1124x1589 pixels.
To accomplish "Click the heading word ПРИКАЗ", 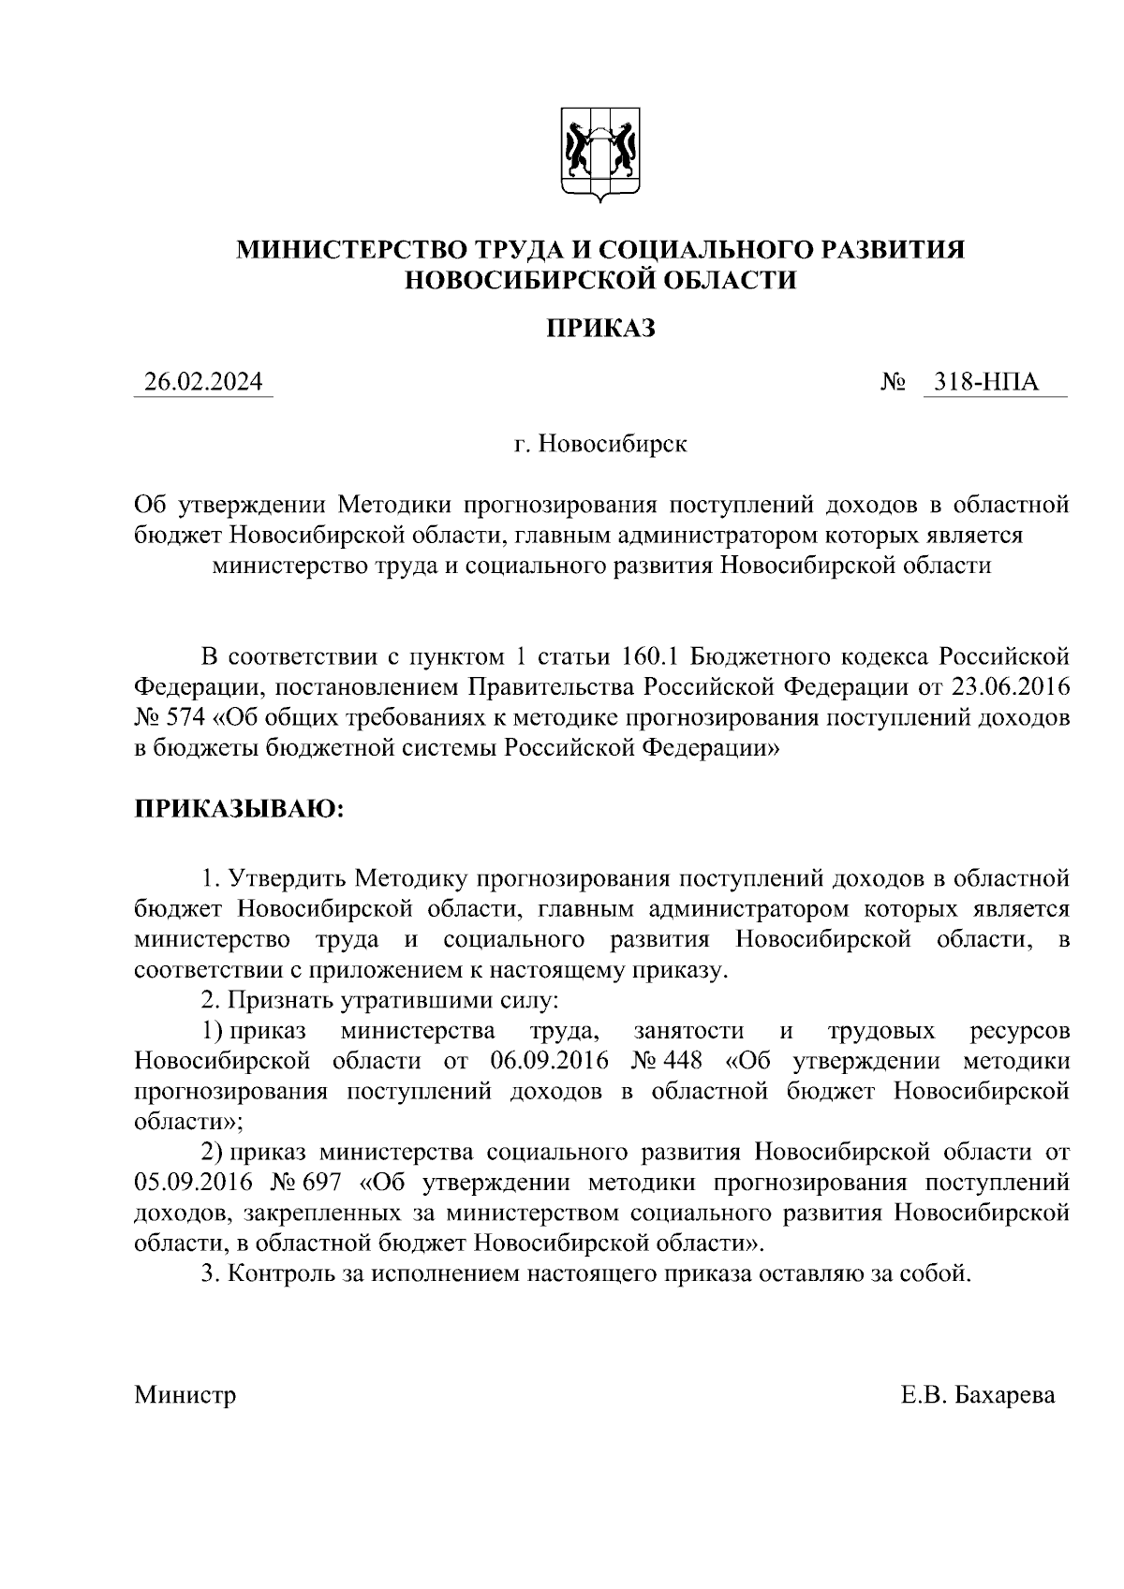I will tap(599, 329).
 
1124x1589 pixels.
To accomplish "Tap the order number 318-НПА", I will tap(994, 383).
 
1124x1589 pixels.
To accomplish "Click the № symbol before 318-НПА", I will tap(892, 383).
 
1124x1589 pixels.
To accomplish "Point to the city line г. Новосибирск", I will tap(599, 443).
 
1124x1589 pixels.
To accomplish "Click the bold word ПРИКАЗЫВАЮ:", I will tap(240, 808).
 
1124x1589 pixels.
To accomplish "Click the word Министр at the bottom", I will tap(185, 1395).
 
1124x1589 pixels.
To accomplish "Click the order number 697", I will tap(323, 1183).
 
